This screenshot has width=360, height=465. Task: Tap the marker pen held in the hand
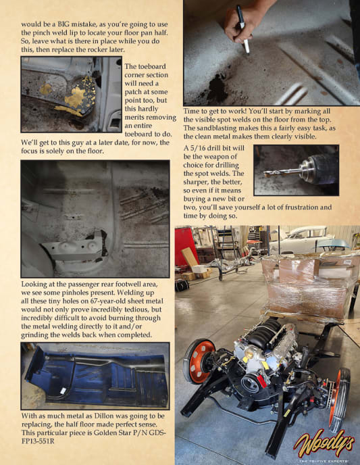click(242, 29)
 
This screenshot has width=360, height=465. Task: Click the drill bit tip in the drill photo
click(265, 174)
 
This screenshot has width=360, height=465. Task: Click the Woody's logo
click(324, 443)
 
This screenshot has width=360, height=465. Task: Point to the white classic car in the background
click(302, 239)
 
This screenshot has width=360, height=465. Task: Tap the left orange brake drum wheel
click(199, 360)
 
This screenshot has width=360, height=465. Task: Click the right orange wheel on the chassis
click(340, 399)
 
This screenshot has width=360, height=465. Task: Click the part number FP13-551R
click(38, 441)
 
